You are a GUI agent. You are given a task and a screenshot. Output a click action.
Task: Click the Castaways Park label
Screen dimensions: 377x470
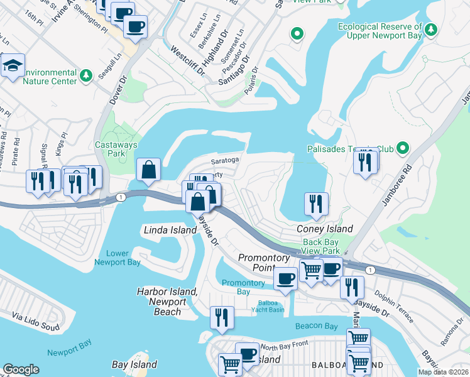112,148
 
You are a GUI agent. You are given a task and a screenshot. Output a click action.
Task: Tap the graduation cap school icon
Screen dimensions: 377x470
13,66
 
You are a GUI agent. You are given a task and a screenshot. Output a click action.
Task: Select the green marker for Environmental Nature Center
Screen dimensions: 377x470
87,76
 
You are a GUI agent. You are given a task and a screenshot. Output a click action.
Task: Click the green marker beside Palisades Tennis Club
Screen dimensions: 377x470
403,149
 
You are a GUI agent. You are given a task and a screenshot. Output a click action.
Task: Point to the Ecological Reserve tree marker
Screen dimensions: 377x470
431,30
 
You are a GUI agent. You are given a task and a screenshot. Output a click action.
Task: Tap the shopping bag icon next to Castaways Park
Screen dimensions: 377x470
148,170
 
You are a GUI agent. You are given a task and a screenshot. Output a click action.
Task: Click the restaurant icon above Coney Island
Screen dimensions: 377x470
316,204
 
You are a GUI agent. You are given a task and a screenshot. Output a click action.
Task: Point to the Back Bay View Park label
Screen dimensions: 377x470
321,246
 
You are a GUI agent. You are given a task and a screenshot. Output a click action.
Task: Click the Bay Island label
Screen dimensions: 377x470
134,364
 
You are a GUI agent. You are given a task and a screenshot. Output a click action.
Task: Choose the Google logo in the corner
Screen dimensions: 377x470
21,369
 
